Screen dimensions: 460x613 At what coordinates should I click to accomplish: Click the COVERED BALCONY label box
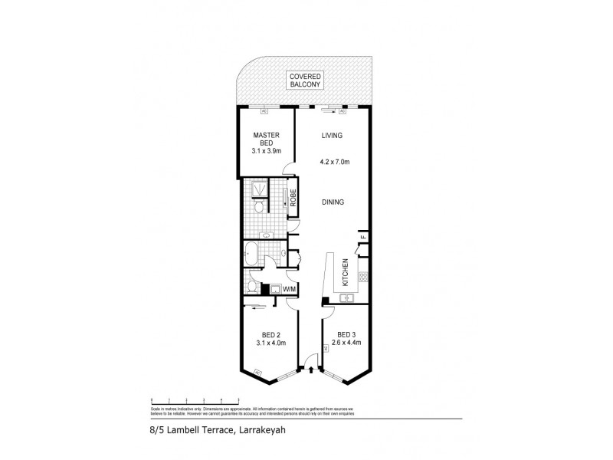tap(306, 80)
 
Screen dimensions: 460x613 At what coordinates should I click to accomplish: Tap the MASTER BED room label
tap(266, 143)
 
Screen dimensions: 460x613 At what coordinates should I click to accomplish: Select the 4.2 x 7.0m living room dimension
tap(334, 163)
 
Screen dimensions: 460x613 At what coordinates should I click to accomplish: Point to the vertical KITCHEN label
tap(346, 273)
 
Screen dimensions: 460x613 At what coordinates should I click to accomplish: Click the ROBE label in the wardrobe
tap(292, 198)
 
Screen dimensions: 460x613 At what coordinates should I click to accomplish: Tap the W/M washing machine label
tap(289, 289)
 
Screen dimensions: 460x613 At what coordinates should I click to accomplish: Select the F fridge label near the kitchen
tap(363, 237)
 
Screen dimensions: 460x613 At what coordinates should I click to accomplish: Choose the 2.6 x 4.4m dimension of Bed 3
tap(346, 343)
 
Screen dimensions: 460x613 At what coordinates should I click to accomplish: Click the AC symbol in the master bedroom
tap(264, 111)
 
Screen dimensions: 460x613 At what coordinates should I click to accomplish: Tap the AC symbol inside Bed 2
tap(257, 373)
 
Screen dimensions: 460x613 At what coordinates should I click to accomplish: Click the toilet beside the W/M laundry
tap(253, 286)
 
